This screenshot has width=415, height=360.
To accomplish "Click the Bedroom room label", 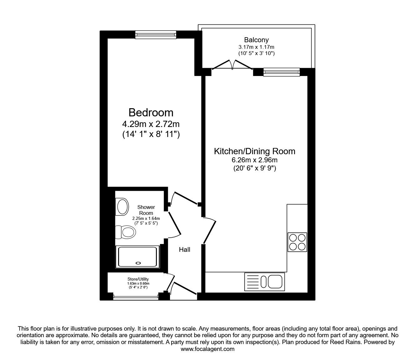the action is (151, 113).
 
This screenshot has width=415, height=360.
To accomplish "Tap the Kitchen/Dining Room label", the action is (255, 151).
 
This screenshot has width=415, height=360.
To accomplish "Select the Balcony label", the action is (256, 40).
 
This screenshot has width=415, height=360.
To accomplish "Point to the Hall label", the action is (184, 250).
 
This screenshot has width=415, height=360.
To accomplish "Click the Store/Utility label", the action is (138, 279).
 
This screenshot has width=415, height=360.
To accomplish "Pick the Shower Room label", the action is (146, 210).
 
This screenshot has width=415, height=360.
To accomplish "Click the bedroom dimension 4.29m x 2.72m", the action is (151, 124).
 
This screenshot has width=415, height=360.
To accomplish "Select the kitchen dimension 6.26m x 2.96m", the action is (255, 160).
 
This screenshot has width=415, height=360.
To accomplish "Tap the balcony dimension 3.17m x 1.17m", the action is (256, 47).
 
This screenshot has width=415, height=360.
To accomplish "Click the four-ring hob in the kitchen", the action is (297, 242).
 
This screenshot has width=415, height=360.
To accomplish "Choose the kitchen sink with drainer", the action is (264, 281).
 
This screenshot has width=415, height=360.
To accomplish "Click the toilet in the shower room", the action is (126, 232).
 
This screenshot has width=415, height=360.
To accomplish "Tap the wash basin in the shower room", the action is (122, 207).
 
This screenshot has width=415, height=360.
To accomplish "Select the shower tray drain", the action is (138, 263).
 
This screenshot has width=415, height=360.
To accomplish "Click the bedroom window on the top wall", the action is (156, 35).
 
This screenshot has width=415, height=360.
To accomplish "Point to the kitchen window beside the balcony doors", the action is (282, 72).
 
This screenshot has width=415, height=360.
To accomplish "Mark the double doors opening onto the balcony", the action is (232, 65).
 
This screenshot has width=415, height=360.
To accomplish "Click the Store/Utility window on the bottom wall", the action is (136, 297).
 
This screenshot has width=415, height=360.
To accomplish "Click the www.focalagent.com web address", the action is (207, 349).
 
